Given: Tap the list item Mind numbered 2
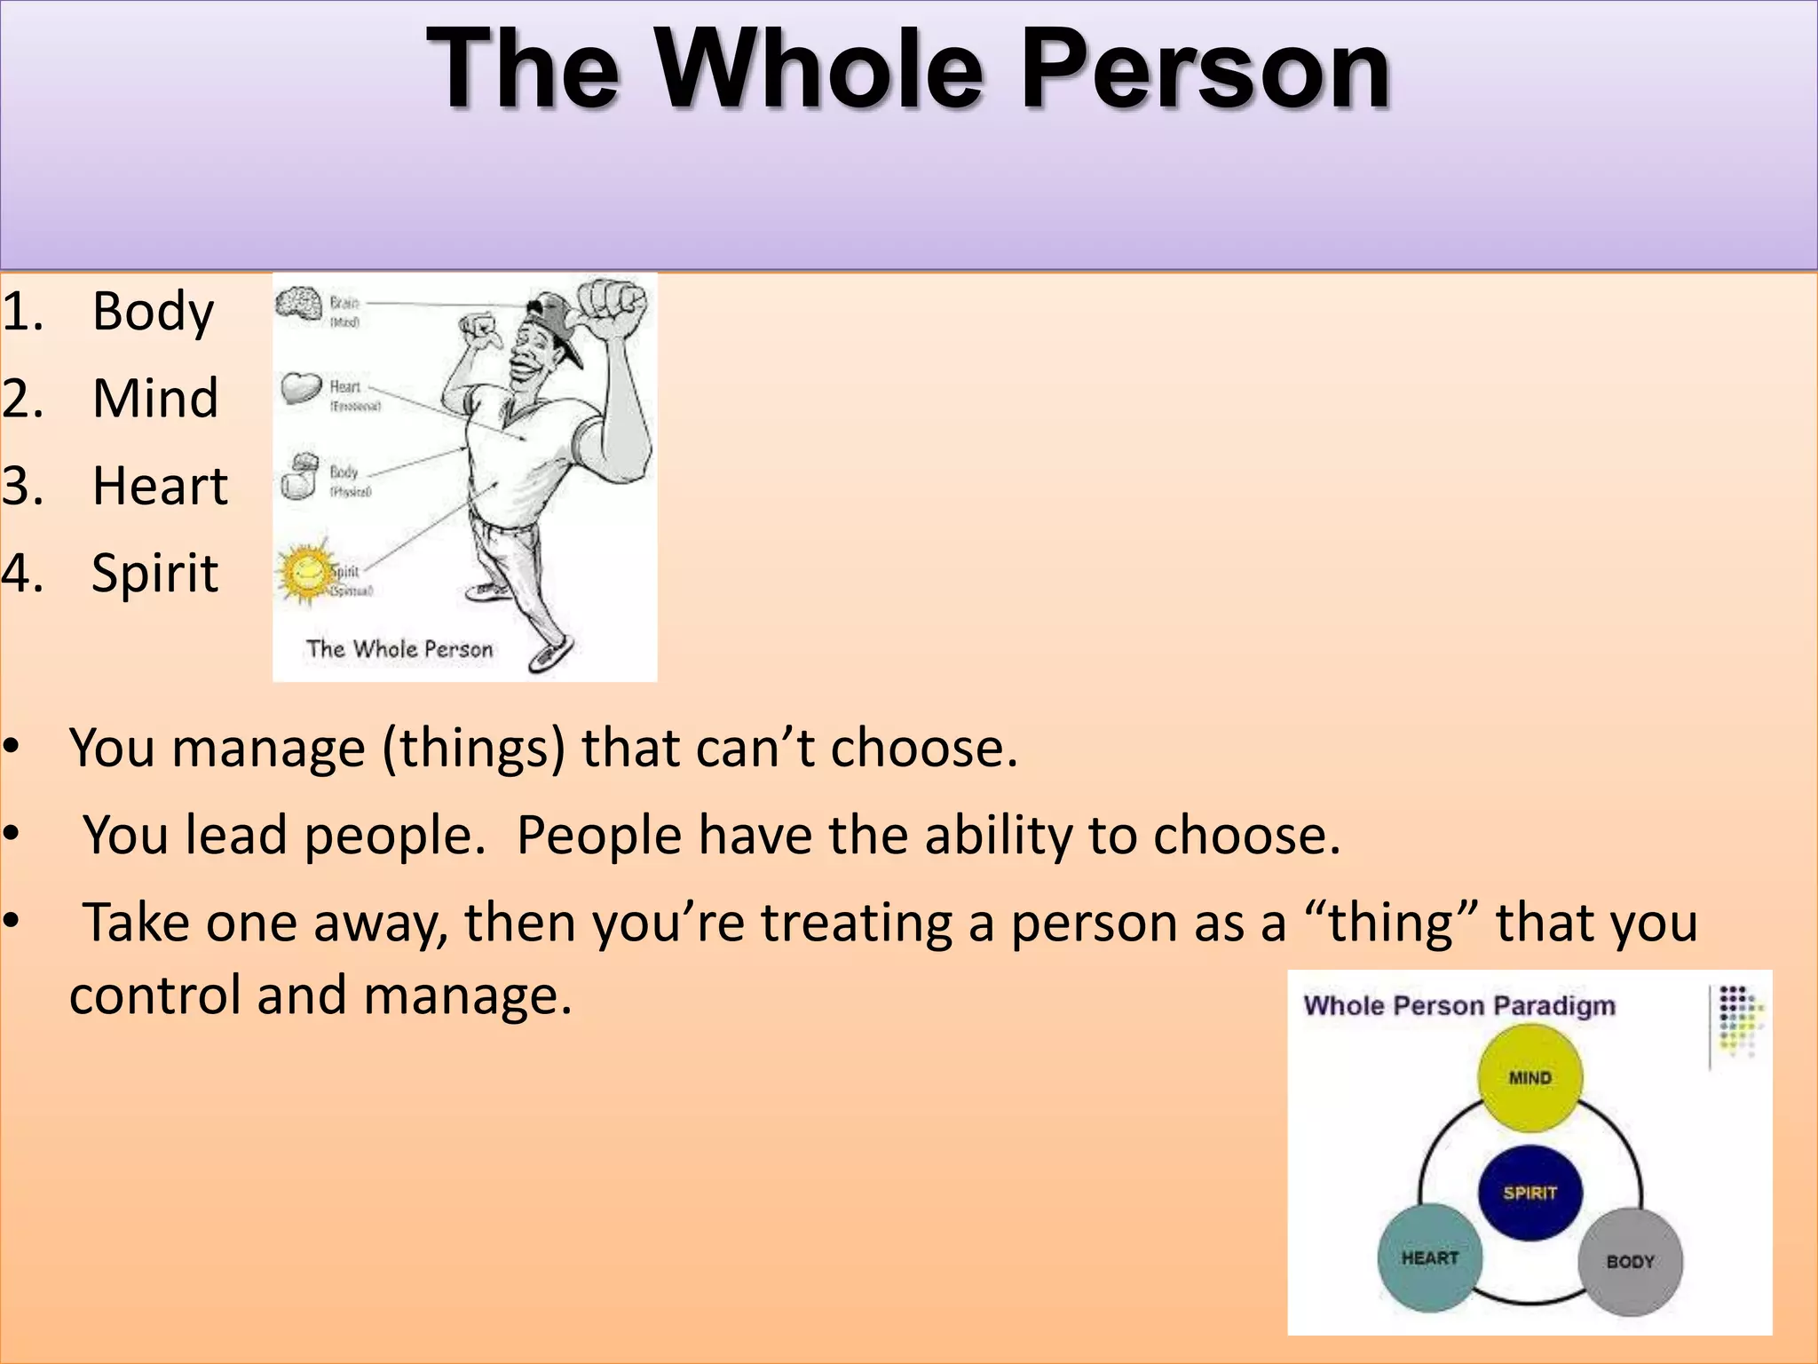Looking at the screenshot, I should click(x=155, y=398).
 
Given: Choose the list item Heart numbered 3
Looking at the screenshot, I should click(x=160, y=486).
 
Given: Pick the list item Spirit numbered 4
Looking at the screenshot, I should click(x=154, y=573).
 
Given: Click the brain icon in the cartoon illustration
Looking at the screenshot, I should click(x=298, y=304).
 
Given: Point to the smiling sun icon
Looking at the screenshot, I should click(x=305, y=571).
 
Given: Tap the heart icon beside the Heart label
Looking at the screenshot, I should click(x=301, y=387).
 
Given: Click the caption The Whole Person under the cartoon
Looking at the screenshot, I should click(x=399, y=649).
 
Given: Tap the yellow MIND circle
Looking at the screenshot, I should click(x=1529, y=1077).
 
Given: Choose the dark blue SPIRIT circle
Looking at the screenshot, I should click(x=1529, y=1193).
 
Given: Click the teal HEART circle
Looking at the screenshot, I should click(x=1429, y=1257).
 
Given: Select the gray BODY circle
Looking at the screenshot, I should click(x=1630, y=1261).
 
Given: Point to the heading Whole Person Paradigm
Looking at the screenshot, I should click(x=1458, y=1005).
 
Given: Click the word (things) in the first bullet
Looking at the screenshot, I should click(x=473, y=748).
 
